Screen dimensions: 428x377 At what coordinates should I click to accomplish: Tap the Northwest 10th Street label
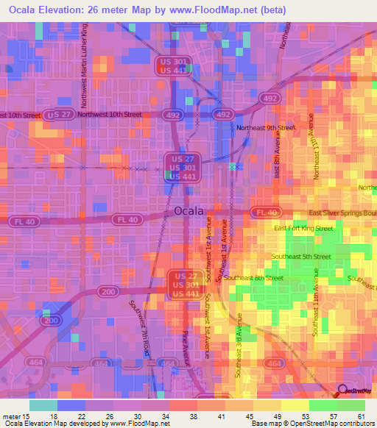(x=110, y=114)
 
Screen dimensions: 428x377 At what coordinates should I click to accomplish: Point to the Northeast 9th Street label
(x=266, y=127)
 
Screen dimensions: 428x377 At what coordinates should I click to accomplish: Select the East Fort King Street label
(x=303, y=229)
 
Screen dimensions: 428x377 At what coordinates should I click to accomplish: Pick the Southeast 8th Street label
(x=253, y=278)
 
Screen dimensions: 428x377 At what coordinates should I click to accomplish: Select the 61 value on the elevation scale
(x=361, y=415)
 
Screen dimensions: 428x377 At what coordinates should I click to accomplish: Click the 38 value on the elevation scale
(x=192, y=415)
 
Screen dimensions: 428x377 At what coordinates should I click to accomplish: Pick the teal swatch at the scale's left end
(x=43, y=405)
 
